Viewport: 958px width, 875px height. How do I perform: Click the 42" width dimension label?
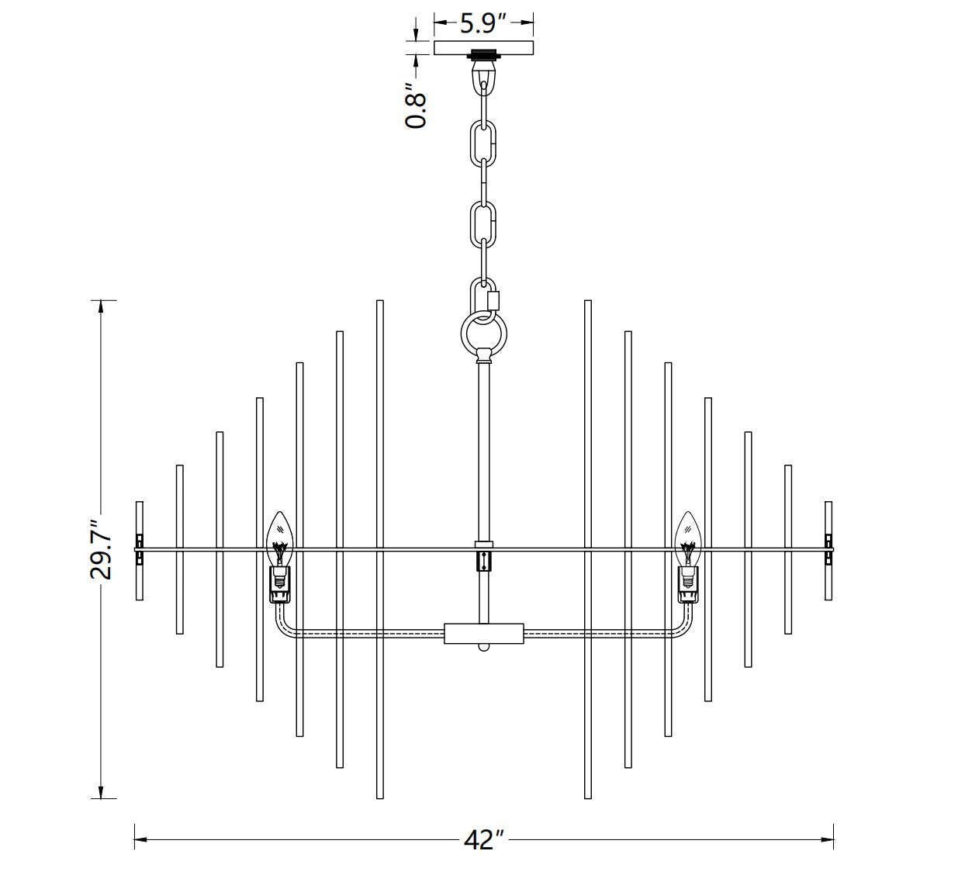pos(484,840)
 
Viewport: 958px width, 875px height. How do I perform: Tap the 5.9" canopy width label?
pos(483,22)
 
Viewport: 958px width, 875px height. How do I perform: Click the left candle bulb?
pos(279,537)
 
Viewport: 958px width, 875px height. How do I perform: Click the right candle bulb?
pos(687,537)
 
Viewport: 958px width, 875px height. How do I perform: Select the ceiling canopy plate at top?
pos(483,48)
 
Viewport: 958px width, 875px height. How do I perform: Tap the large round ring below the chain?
pos(484,335)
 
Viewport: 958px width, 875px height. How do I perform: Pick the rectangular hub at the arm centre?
pos(484,633)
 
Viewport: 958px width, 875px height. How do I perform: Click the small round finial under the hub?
pos(484,647)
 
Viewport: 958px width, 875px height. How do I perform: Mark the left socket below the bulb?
pos(279,583)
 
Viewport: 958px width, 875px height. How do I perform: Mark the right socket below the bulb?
pos(687,583)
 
